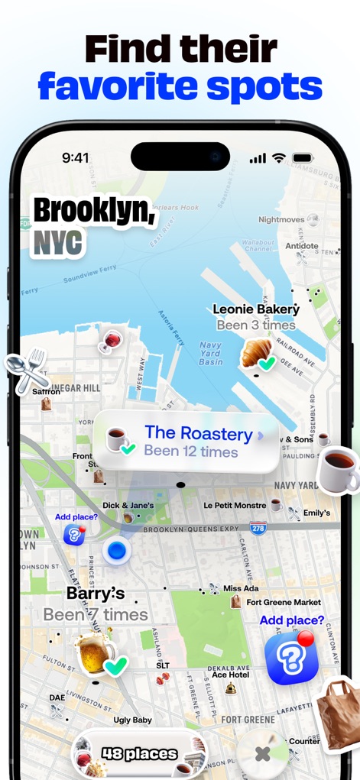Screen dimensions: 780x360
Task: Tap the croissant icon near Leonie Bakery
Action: pos(256,353)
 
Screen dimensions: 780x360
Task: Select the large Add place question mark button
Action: pos(291,659)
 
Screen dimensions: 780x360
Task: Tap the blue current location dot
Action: pos(116,549)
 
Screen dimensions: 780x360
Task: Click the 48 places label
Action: pos(140,754)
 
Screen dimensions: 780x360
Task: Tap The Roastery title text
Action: pos(198,434)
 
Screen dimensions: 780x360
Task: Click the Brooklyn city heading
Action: pos(94,210)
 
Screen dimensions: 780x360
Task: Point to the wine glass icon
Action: pos(110,341)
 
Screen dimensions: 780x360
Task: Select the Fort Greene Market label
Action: pos(284,602)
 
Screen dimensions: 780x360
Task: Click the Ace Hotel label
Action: pos(230,675)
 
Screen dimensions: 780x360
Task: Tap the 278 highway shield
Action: pos(259,528)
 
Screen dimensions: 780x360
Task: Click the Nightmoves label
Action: pos(281,219)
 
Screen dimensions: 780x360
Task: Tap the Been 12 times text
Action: pos(191,451)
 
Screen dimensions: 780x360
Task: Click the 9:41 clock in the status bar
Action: pos(76,158)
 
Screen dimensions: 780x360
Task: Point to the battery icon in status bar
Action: pos(303,158)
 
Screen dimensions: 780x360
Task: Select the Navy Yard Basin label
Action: pos(211,353)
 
